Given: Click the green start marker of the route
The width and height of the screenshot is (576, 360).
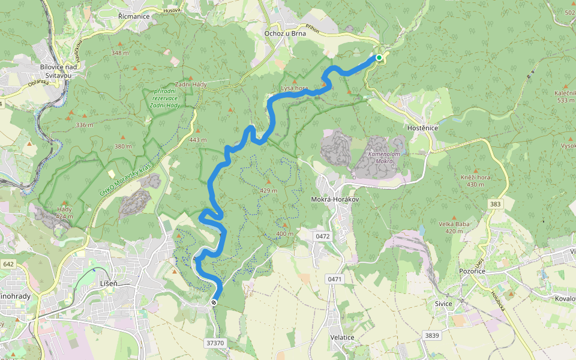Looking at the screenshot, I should click(379, 58).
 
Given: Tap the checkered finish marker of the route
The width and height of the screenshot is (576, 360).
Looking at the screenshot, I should click(214, 302).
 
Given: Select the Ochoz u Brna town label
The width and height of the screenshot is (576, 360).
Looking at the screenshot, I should click(285, 34).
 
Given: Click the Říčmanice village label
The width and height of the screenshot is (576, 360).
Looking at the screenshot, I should click(133, 16).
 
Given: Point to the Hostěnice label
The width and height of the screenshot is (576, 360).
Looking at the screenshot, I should click(422, 128).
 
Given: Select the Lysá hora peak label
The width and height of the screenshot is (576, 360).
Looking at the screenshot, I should click(295, 88).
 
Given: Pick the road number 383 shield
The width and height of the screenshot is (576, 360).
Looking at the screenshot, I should click(495, 205).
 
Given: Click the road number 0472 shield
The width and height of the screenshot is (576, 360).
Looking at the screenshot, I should click(322, 236).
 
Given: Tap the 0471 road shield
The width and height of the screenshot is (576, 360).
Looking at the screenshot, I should click(335, 279).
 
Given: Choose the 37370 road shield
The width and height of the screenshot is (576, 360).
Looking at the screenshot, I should click(214, 343).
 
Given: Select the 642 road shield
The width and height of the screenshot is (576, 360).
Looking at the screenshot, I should click(8, 264).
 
